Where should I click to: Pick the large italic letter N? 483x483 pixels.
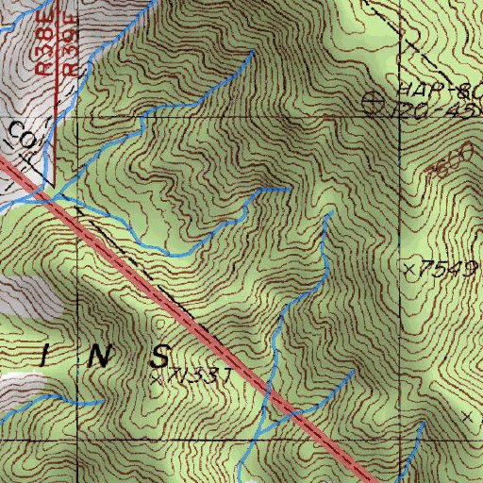101,356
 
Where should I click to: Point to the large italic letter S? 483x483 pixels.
159,356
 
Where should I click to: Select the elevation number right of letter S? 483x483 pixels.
203,376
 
